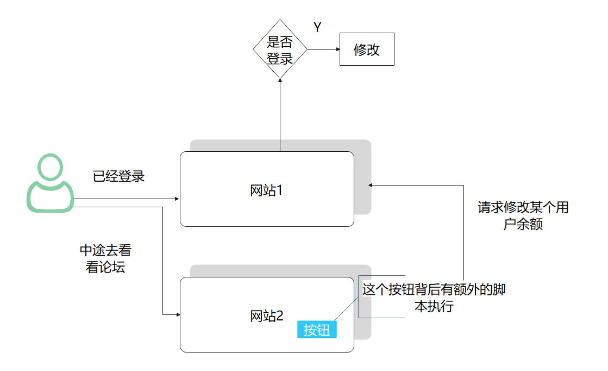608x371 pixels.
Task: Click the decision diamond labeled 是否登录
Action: point(280,50)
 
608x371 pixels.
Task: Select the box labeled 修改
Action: point(367,50)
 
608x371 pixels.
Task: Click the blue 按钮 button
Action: point(317,330)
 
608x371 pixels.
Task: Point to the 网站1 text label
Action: point(267,191)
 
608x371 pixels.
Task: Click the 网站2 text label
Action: point(267,316)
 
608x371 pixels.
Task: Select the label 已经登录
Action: point(119,176)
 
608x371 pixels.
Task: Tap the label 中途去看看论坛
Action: point(105,259)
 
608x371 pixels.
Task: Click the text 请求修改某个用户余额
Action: point(523,215)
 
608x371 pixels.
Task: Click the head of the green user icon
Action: point(50,168)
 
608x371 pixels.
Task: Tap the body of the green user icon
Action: point(50,197)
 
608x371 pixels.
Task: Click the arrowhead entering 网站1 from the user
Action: point(177,199)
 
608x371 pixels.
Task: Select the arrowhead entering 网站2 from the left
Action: point(177,314)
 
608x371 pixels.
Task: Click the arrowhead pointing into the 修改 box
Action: point(337,50)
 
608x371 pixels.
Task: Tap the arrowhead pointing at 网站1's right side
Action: point(371,185)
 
